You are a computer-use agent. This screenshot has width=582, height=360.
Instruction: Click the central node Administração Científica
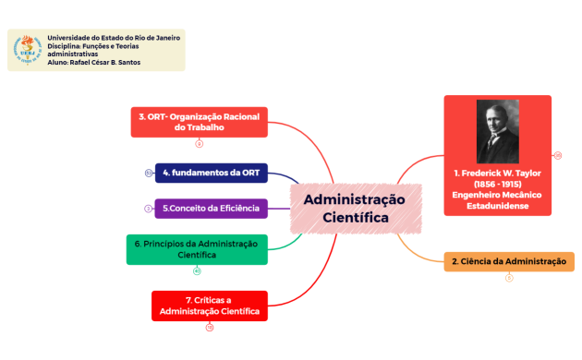[356, 209]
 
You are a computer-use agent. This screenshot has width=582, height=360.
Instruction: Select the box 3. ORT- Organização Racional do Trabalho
[200, 123]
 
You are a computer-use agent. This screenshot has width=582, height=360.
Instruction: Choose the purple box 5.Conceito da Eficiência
[211, 209]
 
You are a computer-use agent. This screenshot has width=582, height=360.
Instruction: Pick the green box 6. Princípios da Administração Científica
[197, 249]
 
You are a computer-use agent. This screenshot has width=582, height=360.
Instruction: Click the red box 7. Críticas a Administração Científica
[209, 306]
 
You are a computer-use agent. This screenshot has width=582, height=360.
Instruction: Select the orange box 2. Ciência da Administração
[508, 262]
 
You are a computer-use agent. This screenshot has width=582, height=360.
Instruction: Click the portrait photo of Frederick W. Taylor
[497, 130]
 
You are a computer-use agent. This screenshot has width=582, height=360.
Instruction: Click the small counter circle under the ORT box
[200, 144]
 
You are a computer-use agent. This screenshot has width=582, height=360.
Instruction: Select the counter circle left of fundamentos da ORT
[149, 173]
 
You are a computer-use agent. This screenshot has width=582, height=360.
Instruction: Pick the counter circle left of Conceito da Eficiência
[148, 209]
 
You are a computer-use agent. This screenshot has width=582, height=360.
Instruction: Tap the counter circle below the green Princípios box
[197, 270]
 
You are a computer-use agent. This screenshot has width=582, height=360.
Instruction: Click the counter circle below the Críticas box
[209, 327]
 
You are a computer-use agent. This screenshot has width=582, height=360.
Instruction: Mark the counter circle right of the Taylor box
[558, 155]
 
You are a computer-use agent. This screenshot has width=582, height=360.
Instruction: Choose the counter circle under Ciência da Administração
[509, 278]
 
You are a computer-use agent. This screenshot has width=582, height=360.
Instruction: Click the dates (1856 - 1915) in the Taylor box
[497, 184]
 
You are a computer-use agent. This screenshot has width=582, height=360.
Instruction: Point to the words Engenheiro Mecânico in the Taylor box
[497, 195]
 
